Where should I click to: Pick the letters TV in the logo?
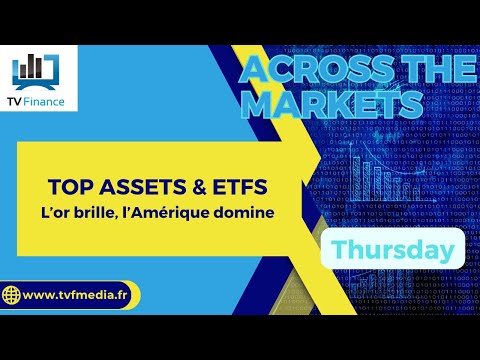(19, 103)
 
